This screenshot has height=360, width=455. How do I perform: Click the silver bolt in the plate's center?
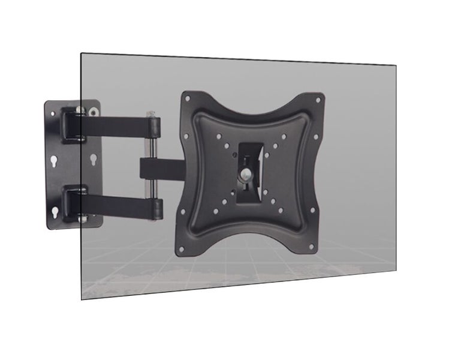click(x=247, y=175)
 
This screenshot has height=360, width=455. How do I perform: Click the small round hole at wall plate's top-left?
click(x=53, y=113)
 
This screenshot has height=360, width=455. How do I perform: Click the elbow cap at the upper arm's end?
click(x=155, y=127)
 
